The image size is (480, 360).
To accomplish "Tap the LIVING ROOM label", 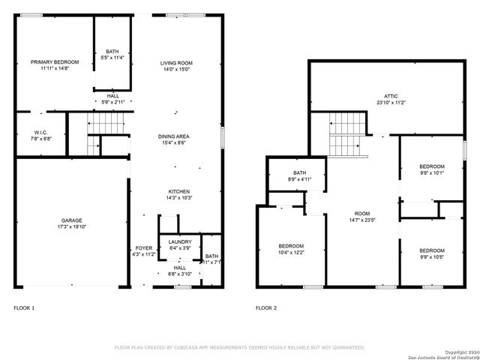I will pos(177,62).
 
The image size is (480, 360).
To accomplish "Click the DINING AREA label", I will pos(173,136).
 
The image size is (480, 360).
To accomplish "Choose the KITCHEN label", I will pos(178,191).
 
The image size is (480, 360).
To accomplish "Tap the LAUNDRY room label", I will pos(180,241).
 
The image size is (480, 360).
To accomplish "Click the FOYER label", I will pos(143,248).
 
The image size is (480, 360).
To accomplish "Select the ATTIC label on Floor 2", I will pos(391,97).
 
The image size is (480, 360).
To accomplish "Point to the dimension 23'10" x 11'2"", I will pos(391,103).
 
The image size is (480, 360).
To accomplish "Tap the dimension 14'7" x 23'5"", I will pos(361,220).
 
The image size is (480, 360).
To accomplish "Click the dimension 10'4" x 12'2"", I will pos(291,253).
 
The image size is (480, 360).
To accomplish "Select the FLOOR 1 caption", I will pos(24,308).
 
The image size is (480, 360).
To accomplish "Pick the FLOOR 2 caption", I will pos(266,308).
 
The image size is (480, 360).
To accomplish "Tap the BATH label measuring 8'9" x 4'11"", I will pos(298,174).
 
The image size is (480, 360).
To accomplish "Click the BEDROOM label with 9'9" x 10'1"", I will pos(431,166).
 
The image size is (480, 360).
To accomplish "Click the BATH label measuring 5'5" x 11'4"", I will pos(112,49).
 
